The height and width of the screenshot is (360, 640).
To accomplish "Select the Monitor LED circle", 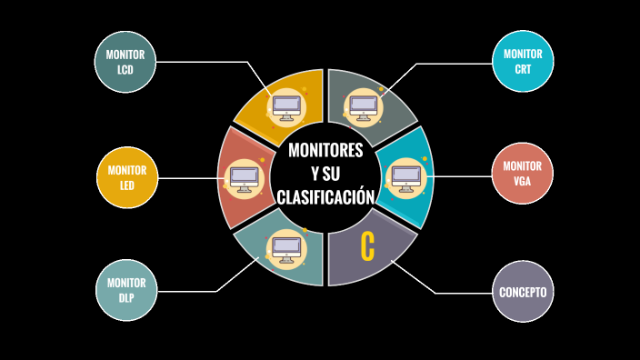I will (126, 176).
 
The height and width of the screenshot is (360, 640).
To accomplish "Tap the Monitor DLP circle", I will (126, 289).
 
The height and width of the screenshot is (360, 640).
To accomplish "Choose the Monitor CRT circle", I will (523, 61).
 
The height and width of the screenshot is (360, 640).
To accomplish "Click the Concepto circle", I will (523, 292).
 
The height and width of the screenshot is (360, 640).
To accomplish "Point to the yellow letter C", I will (367, 246).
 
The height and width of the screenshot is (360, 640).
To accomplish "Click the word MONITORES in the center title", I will (325, 150).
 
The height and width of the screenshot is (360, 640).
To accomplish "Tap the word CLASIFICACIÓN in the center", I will (325, 196).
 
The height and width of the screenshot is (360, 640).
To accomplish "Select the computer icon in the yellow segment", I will (287, 105).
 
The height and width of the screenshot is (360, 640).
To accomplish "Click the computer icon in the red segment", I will (244, 176).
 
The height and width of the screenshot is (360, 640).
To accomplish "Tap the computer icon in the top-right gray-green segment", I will (365, 105).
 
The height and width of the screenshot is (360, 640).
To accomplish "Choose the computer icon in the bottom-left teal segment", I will (286, 246).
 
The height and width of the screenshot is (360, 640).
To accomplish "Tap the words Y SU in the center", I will (325, 173).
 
